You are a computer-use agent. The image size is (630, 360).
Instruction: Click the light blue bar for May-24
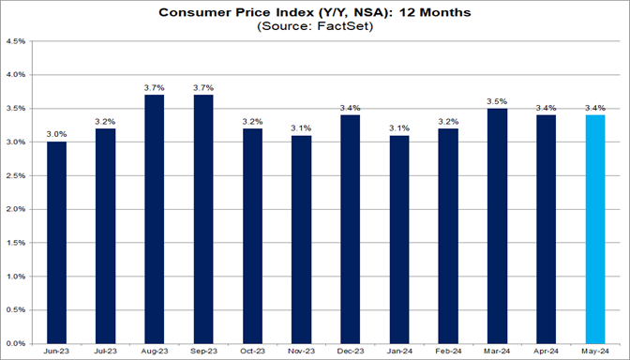tap(595, 229)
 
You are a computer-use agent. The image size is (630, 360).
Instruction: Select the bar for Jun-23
tap(56, 242)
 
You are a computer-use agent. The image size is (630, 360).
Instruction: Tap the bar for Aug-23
tap(155, 218)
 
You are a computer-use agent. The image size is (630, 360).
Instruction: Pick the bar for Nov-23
tap(301, 239)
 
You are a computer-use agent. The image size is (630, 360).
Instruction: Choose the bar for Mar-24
tap(497, 225)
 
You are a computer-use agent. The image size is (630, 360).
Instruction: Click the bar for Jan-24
tap(399, 239)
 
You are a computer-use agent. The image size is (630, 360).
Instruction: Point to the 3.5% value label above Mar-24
tap(497, 99)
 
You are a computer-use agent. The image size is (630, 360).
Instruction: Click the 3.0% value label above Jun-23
tap(56, 133)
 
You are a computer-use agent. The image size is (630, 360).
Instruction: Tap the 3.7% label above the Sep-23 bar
tap(203, 86)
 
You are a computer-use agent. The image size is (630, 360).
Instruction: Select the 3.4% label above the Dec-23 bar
tap(351, 106)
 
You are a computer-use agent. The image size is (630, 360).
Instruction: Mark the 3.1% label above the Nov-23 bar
tap(301, 127)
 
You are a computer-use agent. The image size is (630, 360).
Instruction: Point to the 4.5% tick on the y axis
tap(18, 40)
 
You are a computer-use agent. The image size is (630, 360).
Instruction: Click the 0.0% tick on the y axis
tap(18, 343)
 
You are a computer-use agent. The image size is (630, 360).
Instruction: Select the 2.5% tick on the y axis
tap(18, 175)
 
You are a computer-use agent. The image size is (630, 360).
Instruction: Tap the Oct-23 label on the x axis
tap(252, 352)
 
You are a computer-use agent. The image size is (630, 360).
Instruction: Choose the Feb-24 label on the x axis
tap(448, 352)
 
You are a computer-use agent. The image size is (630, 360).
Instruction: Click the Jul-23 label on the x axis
tap(105, 352)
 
